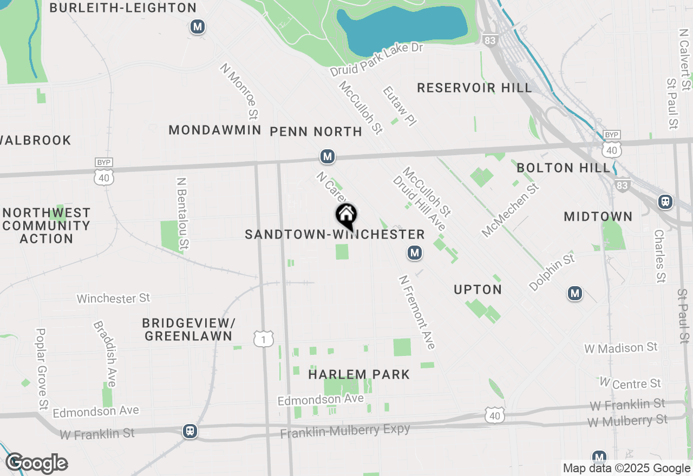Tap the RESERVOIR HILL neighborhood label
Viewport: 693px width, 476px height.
pos(474,88)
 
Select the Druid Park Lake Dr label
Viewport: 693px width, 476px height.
pos(376,60)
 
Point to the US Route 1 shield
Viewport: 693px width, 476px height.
pos(264,339)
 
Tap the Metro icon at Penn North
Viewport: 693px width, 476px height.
pos(327,157)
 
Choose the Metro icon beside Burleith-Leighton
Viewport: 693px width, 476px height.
pos(197,27)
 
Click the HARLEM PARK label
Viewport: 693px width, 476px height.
pos(359,374)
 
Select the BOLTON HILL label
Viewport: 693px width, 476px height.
pos(563,168)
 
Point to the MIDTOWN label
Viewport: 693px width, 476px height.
pos(598,216)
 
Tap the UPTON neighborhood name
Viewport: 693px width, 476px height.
pos(478,289)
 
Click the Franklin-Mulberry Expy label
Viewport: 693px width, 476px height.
pos(345,432)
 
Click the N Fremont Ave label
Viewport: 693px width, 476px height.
pos(417,312)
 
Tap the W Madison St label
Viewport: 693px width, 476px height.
pos(621,348)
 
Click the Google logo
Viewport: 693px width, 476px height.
pos(37,464)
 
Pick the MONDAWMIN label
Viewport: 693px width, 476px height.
pos(215,130)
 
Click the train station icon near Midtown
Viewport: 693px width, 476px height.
pos(665,202)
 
